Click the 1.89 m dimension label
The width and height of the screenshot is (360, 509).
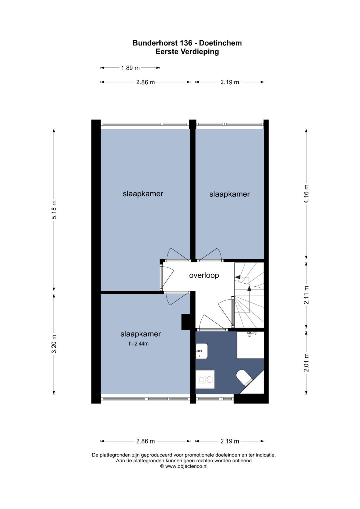coord(130,68)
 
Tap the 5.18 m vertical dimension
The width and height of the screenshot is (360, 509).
coord(54,210)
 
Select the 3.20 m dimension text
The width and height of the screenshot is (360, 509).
coord(54,344)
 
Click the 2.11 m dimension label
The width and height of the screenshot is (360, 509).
coord(307,295)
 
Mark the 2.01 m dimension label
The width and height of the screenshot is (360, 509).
coord(307,363)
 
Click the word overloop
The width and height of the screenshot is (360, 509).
coord(204,275)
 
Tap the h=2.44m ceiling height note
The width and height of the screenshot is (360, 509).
coord(139,344)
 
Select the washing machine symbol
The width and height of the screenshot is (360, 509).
coord(205,379)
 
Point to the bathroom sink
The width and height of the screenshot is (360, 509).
coord(202,351)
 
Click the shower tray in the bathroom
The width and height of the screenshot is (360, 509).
coord(250,345)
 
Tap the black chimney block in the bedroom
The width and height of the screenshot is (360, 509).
coord(185,322)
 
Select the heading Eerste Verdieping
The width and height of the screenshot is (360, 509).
coord(187,52)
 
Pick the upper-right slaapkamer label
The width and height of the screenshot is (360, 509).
coord(230,194)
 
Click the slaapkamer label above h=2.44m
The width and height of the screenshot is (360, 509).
coord(141,334)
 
